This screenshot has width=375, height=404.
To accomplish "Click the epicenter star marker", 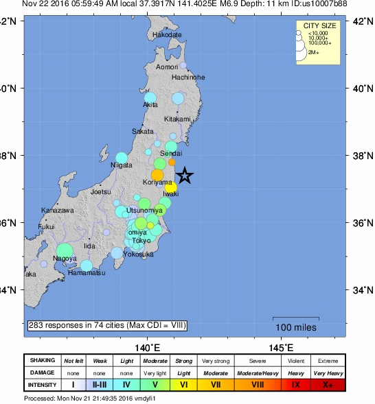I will [x=185, y=176].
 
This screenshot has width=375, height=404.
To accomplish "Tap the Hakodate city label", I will [x=168, y=34].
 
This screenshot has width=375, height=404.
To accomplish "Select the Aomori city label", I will [x=167, y=67].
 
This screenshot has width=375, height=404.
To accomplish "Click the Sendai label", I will [x=170, y=153].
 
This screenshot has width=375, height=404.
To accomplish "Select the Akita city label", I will [x=150, y=105].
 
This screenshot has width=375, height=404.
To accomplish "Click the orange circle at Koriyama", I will [x=157, y=175].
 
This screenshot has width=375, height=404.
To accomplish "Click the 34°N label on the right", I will [x=361, y=290].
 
